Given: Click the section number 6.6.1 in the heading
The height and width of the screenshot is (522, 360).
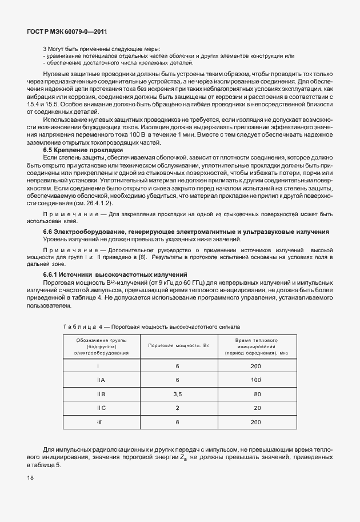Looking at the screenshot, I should pos(53,275).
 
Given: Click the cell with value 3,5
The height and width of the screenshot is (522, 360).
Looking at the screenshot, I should pos(177,394).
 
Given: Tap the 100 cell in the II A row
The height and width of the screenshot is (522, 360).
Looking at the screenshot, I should pos(256,380).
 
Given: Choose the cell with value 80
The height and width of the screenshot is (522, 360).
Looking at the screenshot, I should pos(257,394).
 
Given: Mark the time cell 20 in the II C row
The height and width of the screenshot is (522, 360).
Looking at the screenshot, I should pos(257,408).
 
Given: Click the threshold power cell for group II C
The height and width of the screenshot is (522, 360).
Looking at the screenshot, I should pos(177,408).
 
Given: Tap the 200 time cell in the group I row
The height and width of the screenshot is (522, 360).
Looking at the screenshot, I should pos(256,366).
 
